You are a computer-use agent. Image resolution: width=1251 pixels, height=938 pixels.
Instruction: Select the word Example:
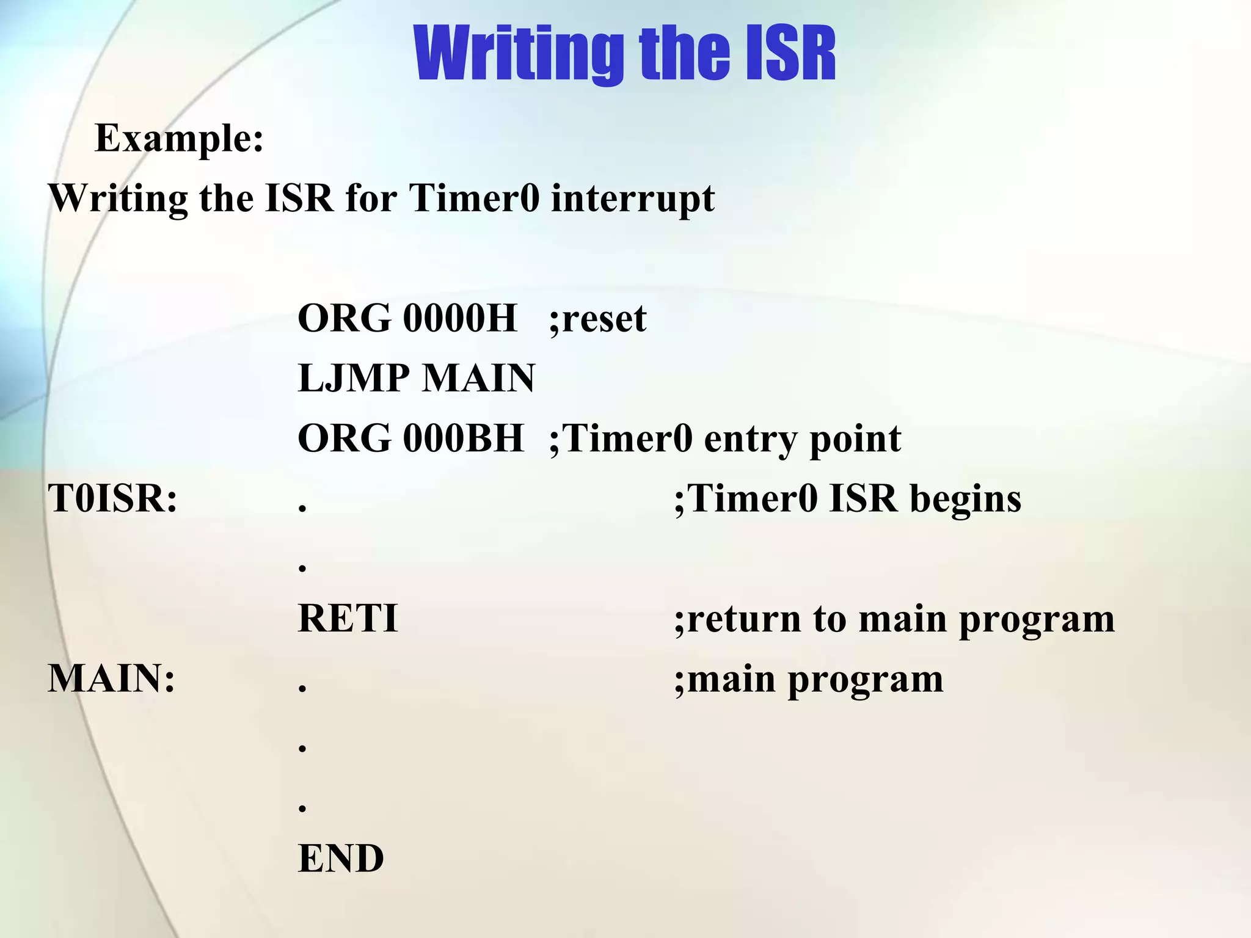point(180,139)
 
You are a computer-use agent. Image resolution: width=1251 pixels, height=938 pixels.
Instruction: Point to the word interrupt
point(633,198)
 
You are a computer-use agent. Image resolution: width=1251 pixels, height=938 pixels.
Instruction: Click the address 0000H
point(459,319)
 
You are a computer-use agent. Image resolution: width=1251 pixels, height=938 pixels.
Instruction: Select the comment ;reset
point(597,319)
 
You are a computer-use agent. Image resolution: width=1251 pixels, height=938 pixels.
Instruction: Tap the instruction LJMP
point(353,379)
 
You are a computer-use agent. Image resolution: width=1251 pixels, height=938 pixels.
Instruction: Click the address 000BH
point(463,439)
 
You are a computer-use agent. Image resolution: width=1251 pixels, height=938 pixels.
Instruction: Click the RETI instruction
point(348,619)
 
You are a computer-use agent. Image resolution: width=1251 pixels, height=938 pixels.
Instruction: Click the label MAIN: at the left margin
point(112,679)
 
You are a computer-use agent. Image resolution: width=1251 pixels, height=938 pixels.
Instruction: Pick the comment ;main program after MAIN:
point(809,679)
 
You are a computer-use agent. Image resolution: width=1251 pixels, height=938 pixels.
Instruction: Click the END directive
point(341,859)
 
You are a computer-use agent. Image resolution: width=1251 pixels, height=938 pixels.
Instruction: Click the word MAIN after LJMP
point(479,379)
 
